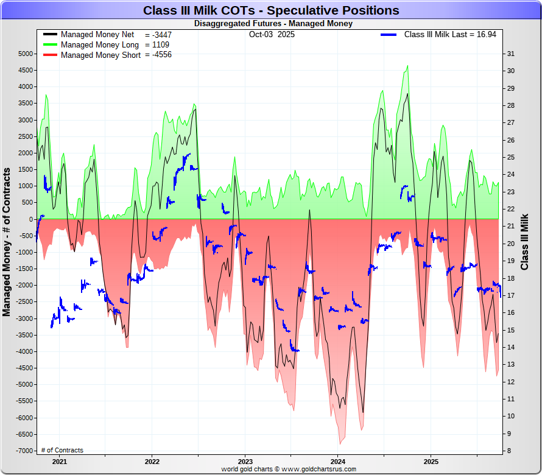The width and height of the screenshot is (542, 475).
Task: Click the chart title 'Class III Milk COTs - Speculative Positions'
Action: coord(271,10)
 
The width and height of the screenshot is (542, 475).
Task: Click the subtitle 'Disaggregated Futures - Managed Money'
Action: coord(273,24)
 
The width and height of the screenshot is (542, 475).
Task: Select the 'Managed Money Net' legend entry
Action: coord(97,35)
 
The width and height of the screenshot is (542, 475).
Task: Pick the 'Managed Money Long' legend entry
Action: coord(99,45)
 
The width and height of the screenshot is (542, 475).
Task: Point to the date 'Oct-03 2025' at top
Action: coord(272,35)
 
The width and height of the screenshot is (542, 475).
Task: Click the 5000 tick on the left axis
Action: coord(25,54)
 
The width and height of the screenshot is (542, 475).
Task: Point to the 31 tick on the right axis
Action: coord(511,54)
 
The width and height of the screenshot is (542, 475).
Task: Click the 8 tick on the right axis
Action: coord(509,451)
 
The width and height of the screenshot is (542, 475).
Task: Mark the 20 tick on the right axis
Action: coord(511,244)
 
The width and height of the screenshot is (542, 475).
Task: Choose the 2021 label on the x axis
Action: coord(58,462)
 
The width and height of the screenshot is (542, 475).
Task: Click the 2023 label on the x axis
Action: coord(245,462)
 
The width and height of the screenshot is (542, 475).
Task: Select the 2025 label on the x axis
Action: coord(431,462)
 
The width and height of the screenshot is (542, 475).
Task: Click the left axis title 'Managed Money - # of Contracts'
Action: coord(7,244)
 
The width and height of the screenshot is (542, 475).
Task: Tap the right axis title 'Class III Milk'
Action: coord(525,242)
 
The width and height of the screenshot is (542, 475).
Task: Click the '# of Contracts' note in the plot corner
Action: coord(62,451)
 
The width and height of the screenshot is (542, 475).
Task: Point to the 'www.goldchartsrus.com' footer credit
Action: coord(317,470)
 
